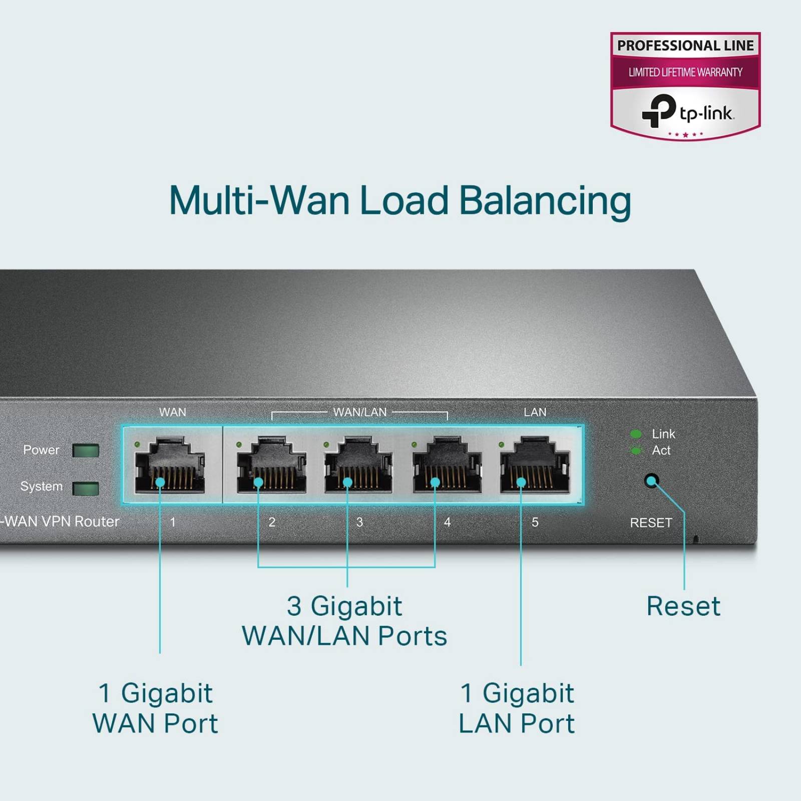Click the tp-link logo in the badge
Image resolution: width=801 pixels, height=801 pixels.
[687, 112]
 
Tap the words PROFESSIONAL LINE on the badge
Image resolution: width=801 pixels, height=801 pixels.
[685, 46]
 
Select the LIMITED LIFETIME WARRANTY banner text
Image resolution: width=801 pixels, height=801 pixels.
[685, 72]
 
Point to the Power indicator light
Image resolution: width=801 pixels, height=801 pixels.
[86, 450]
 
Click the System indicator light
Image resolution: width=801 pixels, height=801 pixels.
[86, 488]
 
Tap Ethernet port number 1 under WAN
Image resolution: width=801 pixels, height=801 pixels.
[169, 465]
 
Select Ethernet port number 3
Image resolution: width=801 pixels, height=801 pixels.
[358, 465]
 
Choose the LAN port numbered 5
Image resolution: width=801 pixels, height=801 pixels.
[535, 465]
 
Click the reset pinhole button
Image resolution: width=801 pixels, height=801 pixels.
[651, 481]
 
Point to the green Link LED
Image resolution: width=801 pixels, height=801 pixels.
[636, 434]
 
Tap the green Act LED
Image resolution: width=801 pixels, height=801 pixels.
[636, 451]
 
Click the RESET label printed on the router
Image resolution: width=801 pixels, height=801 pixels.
[650, 523]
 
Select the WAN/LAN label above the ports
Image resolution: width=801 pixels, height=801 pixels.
[359, 412]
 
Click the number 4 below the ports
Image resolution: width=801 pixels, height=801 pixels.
[447, 522]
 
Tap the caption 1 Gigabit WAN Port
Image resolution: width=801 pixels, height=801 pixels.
[156, 708]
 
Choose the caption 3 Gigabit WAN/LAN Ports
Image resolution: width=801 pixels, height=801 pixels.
[344, 621]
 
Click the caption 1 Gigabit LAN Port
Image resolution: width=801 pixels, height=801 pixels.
[517, 708]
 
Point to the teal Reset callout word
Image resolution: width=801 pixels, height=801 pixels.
[683, 606]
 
